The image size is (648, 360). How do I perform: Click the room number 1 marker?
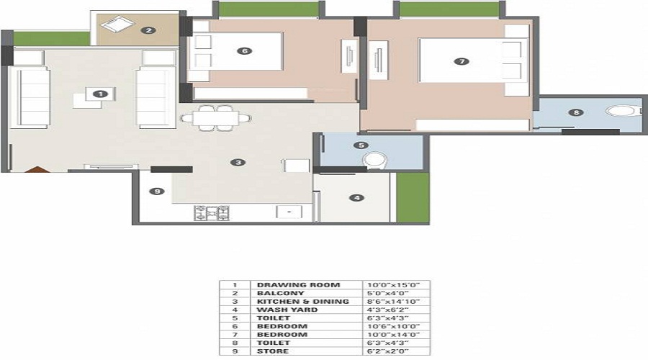100,94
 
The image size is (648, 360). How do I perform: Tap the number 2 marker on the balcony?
148,30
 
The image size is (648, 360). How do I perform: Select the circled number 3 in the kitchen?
238,163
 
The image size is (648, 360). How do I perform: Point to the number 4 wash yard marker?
357,198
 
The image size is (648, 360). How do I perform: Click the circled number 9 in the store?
157,192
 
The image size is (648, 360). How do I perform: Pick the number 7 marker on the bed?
462,62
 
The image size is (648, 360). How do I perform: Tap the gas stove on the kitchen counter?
212,212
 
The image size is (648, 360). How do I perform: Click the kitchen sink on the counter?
289,212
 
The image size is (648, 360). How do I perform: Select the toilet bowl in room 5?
375,161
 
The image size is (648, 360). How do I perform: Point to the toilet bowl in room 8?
621,111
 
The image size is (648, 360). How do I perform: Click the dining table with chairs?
216,118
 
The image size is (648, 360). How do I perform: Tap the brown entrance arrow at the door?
37,169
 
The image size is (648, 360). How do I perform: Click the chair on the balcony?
117,24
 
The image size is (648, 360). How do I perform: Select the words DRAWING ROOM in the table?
298,285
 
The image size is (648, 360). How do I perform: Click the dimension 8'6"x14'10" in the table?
393,301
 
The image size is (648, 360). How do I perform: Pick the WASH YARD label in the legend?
287,310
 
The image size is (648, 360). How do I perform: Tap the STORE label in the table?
273,351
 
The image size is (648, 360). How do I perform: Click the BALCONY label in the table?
281,293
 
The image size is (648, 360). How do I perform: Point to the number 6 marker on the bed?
245,51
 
